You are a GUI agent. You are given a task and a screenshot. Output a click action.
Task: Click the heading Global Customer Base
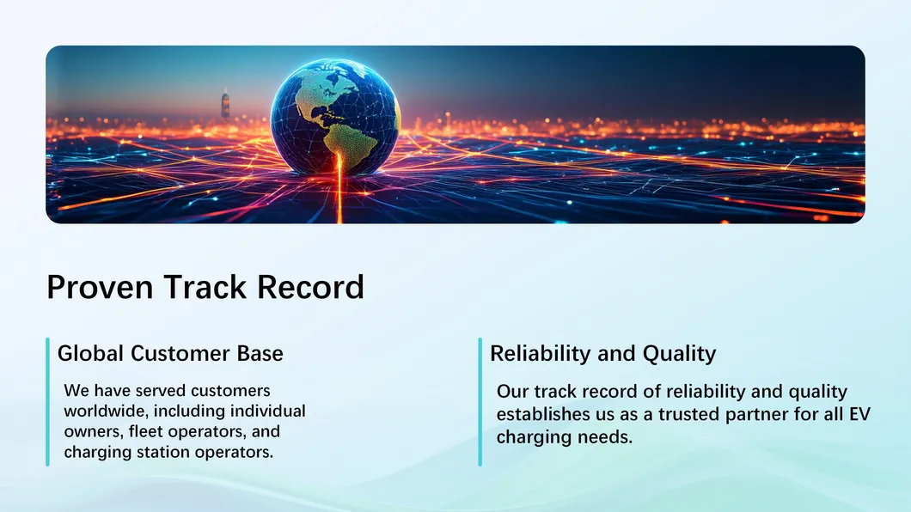170,353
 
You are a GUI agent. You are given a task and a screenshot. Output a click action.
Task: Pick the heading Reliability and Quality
602,353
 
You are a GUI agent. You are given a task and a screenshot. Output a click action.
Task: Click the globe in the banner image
335,116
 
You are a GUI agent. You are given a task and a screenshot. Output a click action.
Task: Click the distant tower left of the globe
225,105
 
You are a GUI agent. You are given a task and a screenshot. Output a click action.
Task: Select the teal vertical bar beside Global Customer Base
47,401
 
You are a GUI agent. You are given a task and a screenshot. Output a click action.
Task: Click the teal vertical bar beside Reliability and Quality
480,401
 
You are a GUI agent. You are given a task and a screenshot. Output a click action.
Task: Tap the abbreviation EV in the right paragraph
860,415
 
